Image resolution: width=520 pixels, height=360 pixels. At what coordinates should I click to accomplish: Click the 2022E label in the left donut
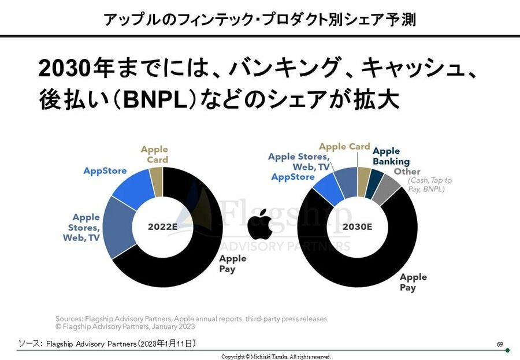(x=163, y=227)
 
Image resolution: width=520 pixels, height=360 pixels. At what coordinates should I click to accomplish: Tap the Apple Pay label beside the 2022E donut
(x=232, y=263)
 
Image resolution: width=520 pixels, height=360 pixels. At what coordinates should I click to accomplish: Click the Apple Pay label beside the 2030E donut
(x=413, y=282)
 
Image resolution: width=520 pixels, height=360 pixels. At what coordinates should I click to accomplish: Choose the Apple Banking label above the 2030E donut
(x=391, y=156)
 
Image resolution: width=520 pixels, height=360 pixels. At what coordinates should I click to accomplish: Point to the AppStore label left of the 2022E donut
(x=105, y=171)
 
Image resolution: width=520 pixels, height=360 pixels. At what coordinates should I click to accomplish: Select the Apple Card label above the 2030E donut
(x=344, y=147)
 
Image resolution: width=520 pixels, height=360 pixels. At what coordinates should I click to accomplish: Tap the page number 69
(x=500, y=344)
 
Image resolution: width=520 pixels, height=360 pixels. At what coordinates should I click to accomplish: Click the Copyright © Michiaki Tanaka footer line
(x=276, y=357)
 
